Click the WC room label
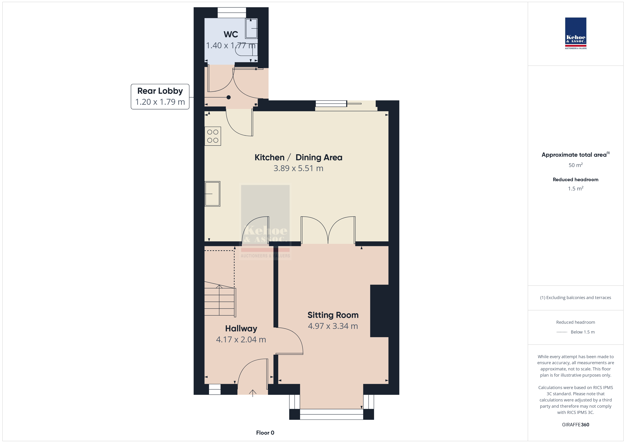(x=231, y=34)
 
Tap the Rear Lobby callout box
(x=160, y=97)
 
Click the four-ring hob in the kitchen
(x=213, y=136)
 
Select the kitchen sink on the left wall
(x=212, y=194)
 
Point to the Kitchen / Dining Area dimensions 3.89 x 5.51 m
(x=298, y=168)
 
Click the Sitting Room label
(x=333, y=315)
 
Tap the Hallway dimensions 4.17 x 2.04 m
(x=241, y=340)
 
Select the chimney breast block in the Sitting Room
(x=379, y=311)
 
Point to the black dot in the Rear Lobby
(x=229, y=97)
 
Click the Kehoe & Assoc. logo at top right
(x=576, y=33)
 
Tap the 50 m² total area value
(x=576, y=165)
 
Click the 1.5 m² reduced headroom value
(x=576, y=188)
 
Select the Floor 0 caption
(x=265, y=433)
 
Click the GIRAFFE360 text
(x=576, y=424)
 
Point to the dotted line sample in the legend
(x=562, y=332)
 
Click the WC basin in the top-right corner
(x=251, y=28)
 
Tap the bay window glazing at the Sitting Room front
(x=331, y=414)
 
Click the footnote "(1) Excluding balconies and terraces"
(x=576, y=298)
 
